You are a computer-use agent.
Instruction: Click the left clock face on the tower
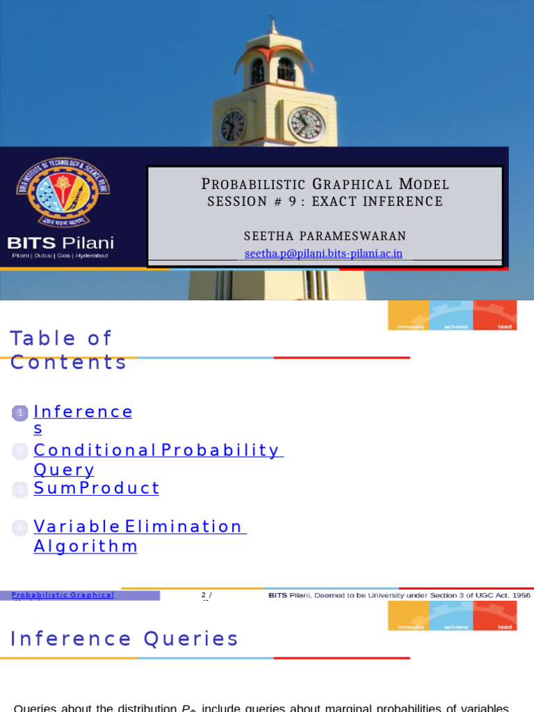point(232,126)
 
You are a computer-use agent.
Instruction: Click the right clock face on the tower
point(306,125)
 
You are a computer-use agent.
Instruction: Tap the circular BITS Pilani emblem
point(63,192)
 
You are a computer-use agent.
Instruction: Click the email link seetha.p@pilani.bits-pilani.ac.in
point(323,254)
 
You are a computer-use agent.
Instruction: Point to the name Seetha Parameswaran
point(325,236)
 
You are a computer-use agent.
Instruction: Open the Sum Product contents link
point(97,488)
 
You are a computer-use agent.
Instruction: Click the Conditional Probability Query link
point(157,460)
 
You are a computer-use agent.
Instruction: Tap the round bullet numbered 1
point(21,414)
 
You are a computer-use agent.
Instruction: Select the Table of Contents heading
point(68,350)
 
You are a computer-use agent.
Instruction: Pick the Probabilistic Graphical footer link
point(63,595)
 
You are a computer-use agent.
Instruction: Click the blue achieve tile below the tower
point(451,315)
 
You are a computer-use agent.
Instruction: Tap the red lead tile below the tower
point(495,315)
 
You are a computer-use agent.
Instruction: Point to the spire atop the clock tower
point(273,26)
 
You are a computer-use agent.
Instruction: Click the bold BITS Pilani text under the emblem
point(60,243)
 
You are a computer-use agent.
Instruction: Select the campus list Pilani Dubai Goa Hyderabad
point(60,256)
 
